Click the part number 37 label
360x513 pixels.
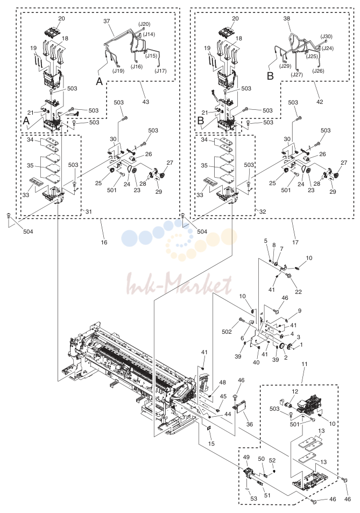(107, 21)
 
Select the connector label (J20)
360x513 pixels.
(144, 24)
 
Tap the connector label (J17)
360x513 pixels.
(160, 71)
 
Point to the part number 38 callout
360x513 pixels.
(287, 18)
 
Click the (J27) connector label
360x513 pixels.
(297, 75)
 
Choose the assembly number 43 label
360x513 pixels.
(146, 102)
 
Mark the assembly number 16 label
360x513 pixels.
(104, 242)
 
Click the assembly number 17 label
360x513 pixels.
(295, 242)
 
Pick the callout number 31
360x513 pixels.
(89, 212)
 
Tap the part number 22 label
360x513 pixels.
(298, 292)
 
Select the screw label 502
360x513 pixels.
(227, 332)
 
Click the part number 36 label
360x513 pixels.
(250, 424)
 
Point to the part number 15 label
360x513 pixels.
(211, 444)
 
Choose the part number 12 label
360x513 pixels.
(295, 391)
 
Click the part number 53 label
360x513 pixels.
(254, 498)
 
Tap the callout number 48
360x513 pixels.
(222, 382)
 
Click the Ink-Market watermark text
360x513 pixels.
(179, 284)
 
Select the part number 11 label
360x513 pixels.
(305, 364)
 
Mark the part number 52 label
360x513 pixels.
(272, 460)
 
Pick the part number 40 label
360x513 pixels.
(256, 362)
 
